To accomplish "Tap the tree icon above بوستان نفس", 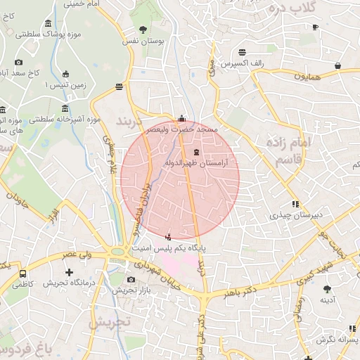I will [144, 30].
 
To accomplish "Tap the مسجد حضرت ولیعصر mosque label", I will [182, 129].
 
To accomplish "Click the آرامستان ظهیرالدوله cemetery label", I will [197, 163].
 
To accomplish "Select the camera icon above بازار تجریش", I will [131, 279].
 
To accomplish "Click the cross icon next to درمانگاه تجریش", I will [69, 271].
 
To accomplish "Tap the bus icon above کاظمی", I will [23, 273].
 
